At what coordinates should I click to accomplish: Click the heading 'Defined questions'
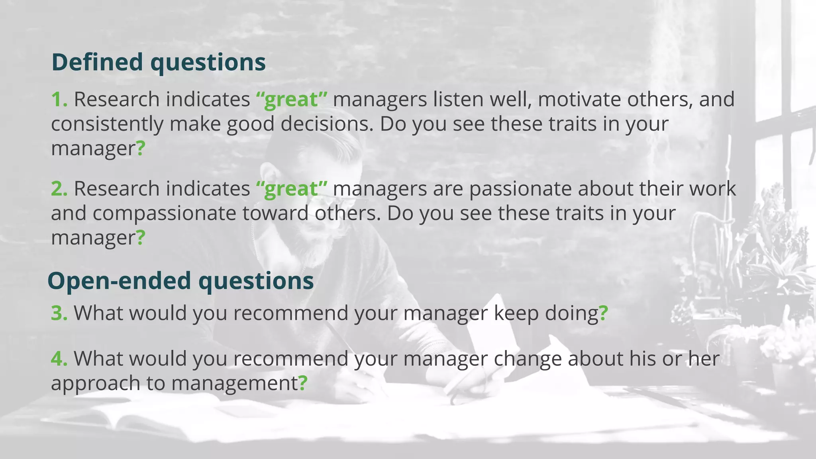[x=158, y=63]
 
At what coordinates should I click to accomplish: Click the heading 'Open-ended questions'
[x=180, y=281]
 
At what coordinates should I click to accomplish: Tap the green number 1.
[x=59, y=99]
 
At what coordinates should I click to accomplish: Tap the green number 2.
[x=59, y=188]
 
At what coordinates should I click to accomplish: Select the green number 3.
[x=59, y=313]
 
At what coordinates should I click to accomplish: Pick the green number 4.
[x=59, y=359]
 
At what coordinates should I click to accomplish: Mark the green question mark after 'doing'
[x=603, y=313]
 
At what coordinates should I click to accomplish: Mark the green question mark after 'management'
[x=303, y=383]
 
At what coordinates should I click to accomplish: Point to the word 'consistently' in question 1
[x=107, y=124]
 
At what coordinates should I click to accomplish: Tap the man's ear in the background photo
[x=271, y=175]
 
